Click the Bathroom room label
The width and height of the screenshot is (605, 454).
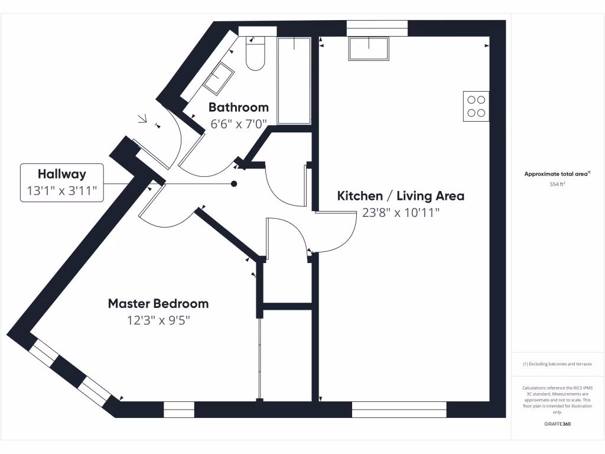point(238,108)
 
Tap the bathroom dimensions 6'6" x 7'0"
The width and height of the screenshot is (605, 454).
point(239,124)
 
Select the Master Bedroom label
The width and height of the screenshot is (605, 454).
point(158,304)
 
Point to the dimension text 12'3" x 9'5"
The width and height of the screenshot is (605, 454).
point(158,320)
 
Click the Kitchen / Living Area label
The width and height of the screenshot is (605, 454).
point(401,196)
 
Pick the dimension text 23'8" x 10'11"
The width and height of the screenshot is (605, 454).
point(401,213)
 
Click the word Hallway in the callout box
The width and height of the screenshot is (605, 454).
point(62,174)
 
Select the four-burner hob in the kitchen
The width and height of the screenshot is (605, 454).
point(476,106)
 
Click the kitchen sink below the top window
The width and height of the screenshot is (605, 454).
point(369,48)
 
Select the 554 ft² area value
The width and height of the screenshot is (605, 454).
point(558,184)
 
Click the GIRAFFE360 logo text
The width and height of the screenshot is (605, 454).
point(558,424)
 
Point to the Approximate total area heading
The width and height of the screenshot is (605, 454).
point(557,174)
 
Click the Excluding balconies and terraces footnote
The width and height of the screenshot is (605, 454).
point(557,364)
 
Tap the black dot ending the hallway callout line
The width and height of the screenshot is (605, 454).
point(234,184)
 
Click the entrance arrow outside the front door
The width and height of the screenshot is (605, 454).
point(142,119)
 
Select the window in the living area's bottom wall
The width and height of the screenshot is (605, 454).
point(399,409)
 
